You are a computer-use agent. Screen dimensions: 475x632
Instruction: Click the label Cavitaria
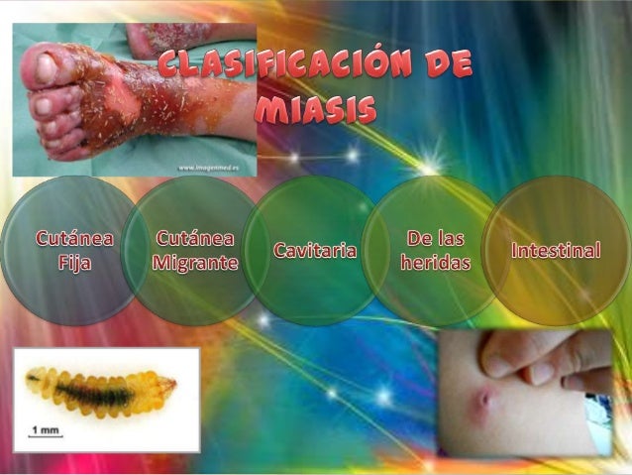click(x=314, y=251)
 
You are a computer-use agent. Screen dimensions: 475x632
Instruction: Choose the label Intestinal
click(x=556, y=250)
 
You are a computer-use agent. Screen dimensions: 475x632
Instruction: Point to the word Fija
click(x=74, y=264)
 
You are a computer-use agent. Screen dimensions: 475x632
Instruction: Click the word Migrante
click(x=195, y=264)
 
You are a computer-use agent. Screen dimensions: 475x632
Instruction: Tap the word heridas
click(x=435, y=263)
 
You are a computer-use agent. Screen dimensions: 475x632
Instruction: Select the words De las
click(x=436, y=239)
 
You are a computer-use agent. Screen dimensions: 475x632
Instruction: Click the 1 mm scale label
click(x=45, y=429)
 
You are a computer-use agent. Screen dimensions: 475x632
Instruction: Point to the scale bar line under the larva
click(x=46, y=438)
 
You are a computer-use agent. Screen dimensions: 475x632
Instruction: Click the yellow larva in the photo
click(x=99, y=391)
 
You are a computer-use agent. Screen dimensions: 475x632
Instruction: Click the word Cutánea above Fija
click(x=74, y=239)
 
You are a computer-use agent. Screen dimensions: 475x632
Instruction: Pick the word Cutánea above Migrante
click(x=195, y=239)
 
